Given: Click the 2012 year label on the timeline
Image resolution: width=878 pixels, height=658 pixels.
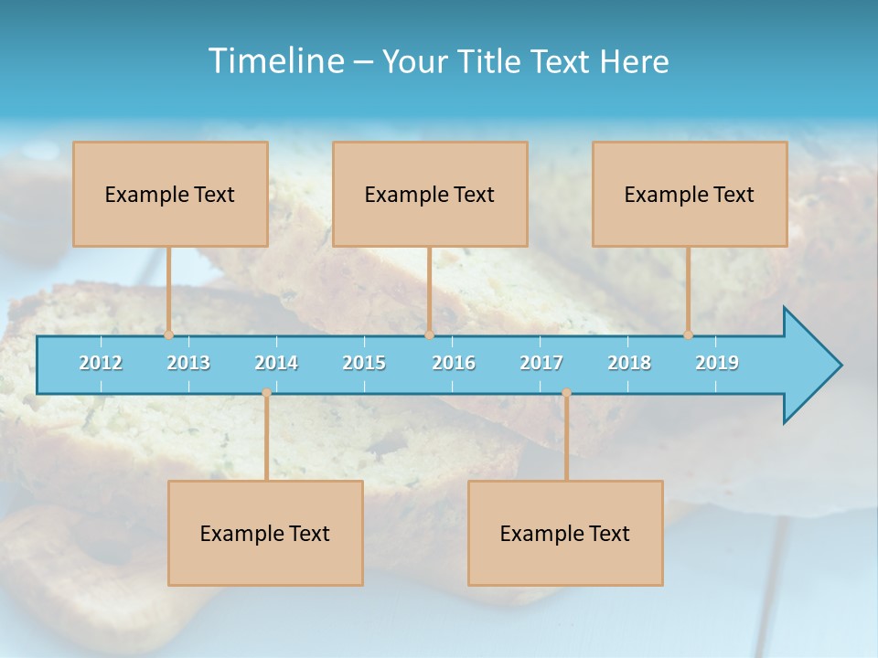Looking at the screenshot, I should (x=101, y=363).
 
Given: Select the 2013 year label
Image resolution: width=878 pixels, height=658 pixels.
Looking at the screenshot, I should (x=188, y=363).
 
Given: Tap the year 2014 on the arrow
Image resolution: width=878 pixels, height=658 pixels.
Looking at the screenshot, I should (x=276, y=363).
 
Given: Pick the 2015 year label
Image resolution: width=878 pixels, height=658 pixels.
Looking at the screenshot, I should (x=364, y=363).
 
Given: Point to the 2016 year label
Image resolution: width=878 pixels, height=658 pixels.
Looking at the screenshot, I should (x=454, y=363).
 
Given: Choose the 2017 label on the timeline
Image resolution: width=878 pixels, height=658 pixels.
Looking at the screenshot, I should (x=541, y=363).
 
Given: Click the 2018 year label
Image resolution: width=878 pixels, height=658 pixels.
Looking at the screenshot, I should (x=629, y=363).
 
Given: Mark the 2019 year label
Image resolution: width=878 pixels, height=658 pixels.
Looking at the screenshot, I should (x=717, y=363).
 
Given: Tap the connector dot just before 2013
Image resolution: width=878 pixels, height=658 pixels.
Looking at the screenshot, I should (x=169, y=335).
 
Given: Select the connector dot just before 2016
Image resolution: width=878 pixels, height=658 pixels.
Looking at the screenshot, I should (x=429, y=335).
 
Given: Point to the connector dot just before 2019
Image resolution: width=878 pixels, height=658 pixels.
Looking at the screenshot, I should (x=689, y=335).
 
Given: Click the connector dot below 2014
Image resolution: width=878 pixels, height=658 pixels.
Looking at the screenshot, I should (x=266, y=393).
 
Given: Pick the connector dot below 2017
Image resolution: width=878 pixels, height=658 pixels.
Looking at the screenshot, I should (x=566, y=393).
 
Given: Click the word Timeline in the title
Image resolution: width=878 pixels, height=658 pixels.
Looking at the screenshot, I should (x=275, y=61).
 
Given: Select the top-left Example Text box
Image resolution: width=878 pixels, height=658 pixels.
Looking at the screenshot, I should (x=170, y=194).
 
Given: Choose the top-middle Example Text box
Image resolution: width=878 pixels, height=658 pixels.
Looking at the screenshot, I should (x=430, y=194).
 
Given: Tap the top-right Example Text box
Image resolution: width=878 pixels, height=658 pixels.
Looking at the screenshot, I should (x=690, y=194).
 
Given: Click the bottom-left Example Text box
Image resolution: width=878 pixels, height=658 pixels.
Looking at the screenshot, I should (x=265, y=533).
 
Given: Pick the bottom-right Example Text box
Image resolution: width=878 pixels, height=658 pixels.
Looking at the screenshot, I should (x=565, y=533).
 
